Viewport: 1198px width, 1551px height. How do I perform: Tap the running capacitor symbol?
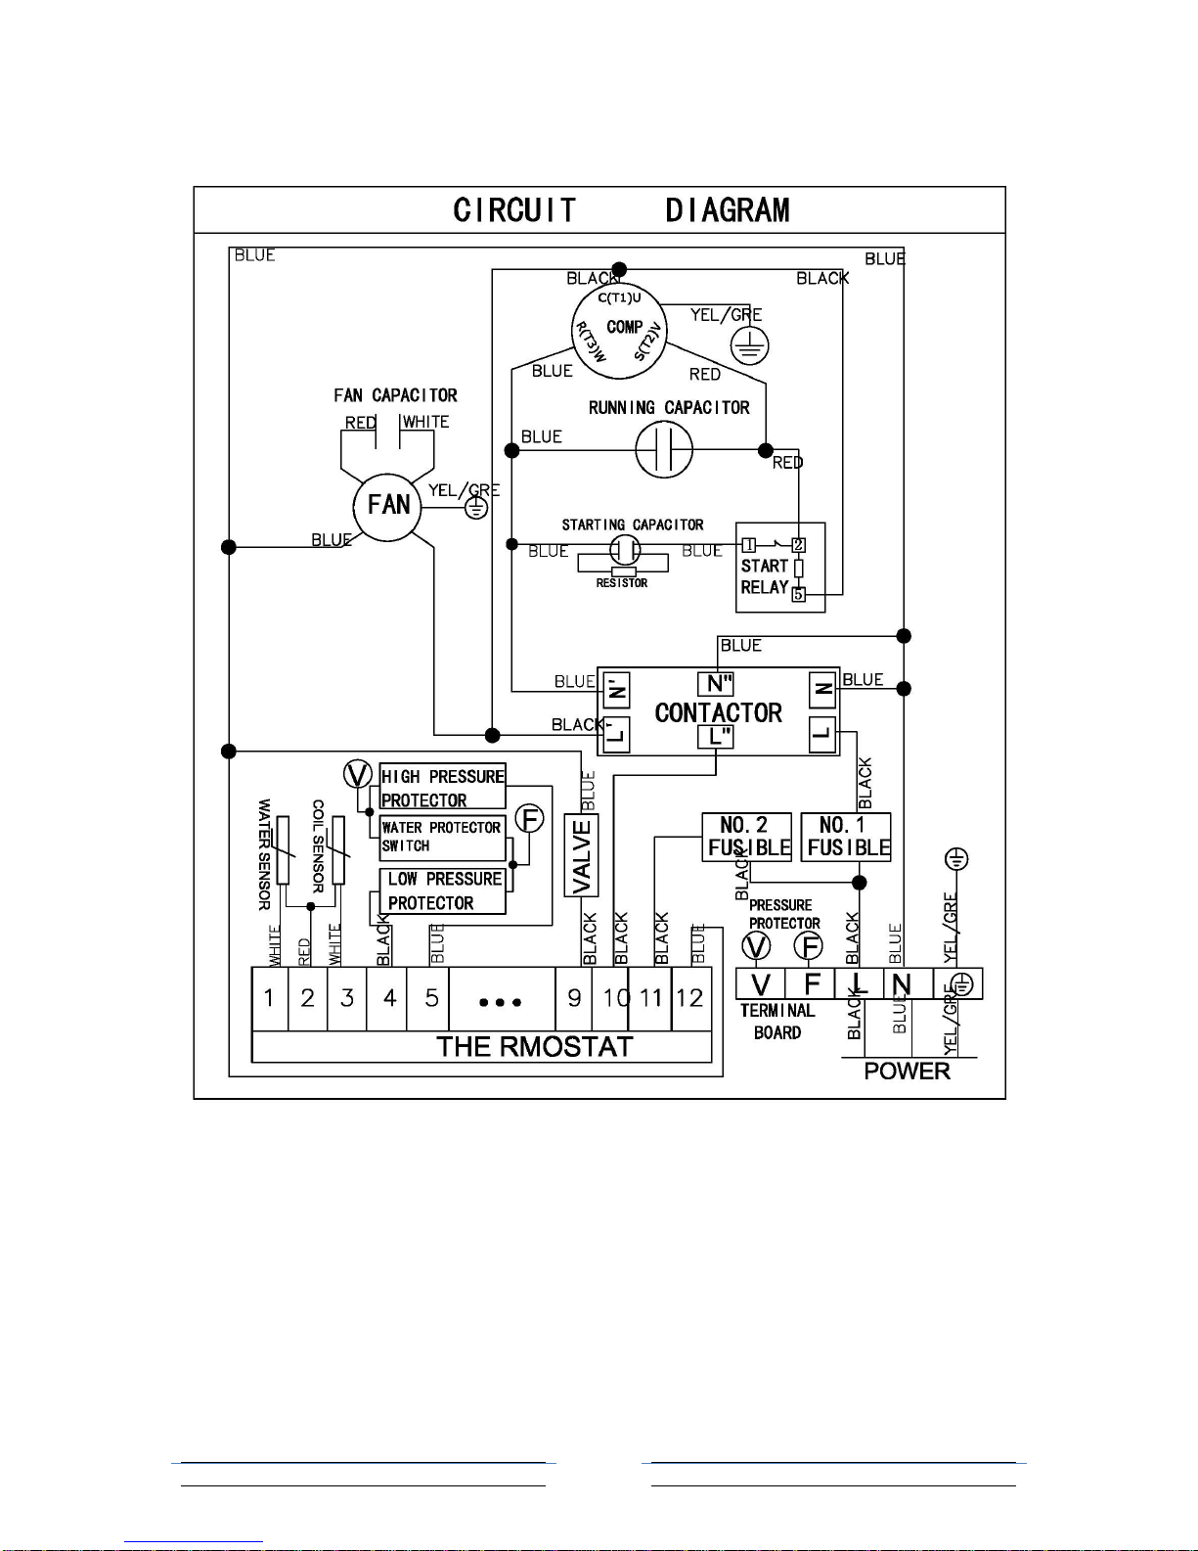664,450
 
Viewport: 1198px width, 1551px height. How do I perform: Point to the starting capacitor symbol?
625,550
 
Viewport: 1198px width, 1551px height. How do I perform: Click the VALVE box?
581,855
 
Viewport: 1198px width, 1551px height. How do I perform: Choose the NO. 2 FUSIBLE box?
746,837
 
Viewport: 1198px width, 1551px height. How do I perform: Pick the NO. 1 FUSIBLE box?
846,837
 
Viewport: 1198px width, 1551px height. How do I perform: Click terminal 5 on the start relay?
799,594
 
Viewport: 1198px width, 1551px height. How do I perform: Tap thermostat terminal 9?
574,998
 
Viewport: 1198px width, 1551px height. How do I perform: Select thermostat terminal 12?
690,998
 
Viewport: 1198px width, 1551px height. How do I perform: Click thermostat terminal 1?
270,998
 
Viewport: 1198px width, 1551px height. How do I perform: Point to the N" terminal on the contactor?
715,684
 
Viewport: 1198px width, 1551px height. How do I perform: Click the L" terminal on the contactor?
715,736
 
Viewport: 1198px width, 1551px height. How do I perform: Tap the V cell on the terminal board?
760,983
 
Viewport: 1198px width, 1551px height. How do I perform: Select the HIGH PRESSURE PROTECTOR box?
442,786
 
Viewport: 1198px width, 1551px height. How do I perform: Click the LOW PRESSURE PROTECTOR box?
442,890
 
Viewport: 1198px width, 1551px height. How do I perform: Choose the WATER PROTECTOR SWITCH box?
442,838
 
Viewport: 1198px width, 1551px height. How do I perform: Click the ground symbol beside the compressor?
749,345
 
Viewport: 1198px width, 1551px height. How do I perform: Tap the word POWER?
908,1072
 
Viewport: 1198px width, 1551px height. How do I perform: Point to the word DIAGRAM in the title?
728,210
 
